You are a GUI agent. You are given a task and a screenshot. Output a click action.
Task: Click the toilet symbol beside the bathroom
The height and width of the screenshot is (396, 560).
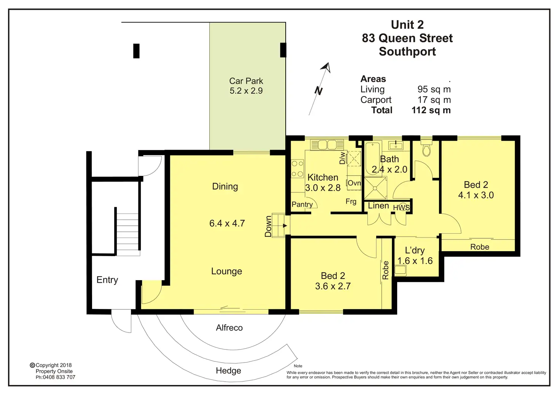(426, 148)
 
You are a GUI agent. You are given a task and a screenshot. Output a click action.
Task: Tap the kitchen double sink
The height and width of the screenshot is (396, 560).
(327, 145)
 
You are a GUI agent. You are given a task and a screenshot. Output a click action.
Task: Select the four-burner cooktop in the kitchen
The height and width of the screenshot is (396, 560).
(297, 168)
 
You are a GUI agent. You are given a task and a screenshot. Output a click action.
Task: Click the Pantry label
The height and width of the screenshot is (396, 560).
(302, 204)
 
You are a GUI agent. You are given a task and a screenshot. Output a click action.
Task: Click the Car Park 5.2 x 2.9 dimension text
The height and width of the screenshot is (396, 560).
(246, 90)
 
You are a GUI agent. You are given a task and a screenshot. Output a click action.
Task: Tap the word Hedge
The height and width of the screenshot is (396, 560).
(228, 371)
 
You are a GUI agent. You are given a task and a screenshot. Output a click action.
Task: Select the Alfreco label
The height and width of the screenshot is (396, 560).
(229, 328)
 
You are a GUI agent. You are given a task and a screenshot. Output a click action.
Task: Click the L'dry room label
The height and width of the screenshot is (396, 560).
(415, 250)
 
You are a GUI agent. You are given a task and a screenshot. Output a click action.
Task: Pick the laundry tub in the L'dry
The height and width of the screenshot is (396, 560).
(400, 271)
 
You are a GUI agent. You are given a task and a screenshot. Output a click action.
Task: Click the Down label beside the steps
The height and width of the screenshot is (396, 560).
(268, 226)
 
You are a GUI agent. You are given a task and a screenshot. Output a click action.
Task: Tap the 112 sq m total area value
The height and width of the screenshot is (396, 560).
(431, 110)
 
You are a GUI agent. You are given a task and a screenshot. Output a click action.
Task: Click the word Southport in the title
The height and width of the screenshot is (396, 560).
(407, 51)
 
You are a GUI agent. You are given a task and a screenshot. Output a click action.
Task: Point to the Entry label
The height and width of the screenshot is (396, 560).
(107, 280)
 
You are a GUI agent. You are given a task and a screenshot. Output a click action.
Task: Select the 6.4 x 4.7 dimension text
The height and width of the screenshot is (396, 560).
(227, 223)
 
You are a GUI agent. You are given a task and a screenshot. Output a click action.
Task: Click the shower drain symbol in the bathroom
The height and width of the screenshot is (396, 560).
(375, 188)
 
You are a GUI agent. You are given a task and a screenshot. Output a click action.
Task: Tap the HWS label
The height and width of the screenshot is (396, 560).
(401, 208)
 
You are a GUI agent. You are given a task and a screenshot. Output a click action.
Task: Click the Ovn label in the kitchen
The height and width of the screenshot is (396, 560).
(354, 183)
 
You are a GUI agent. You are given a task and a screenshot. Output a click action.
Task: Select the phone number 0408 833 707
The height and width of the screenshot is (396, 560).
(59, 377)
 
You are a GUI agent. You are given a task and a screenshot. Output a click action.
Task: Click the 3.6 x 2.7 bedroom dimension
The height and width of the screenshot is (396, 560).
(333, 286)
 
